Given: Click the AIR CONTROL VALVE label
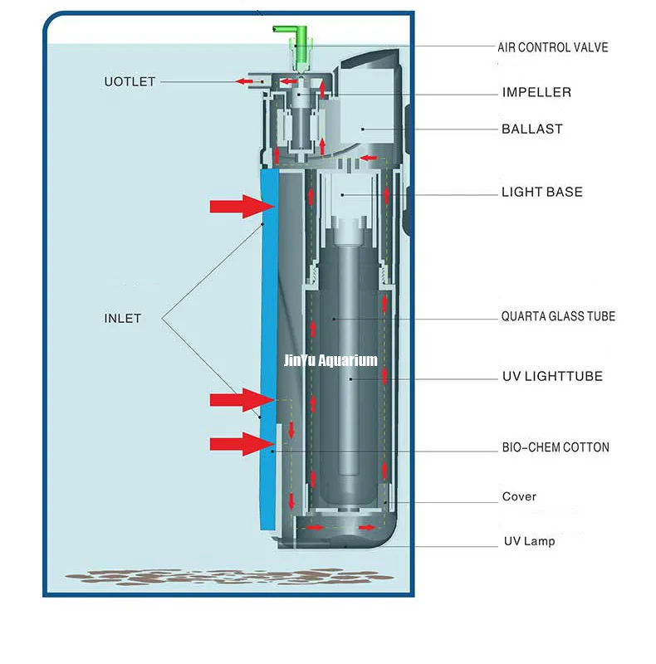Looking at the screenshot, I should (x=552, y=47).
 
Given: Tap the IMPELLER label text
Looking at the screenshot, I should (x=536, y=92).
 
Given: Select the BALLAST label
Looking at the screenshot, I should (x=531, y=129).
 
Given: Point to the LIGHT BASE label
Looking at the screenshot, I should (x=541, y=192).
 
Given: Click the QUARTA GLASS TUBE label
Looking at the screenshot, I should (x=558, y=316).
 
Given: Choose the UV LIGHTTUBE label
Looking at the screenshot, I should (x=552, y=376).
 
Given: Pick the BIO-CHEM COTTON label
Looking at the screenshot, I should (x=556, y=447).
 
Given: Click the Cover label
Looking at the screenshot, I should (x=519, y=497).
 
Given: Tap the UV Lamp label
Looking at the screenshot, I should (x=529, y=541).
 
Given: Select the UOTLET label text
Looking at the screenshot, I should (x=130, y=81).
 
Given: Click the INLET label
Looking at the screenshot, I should (x=122, y=318).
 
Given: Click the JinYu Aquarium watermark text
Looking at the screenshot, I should (x=330, y=360).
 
